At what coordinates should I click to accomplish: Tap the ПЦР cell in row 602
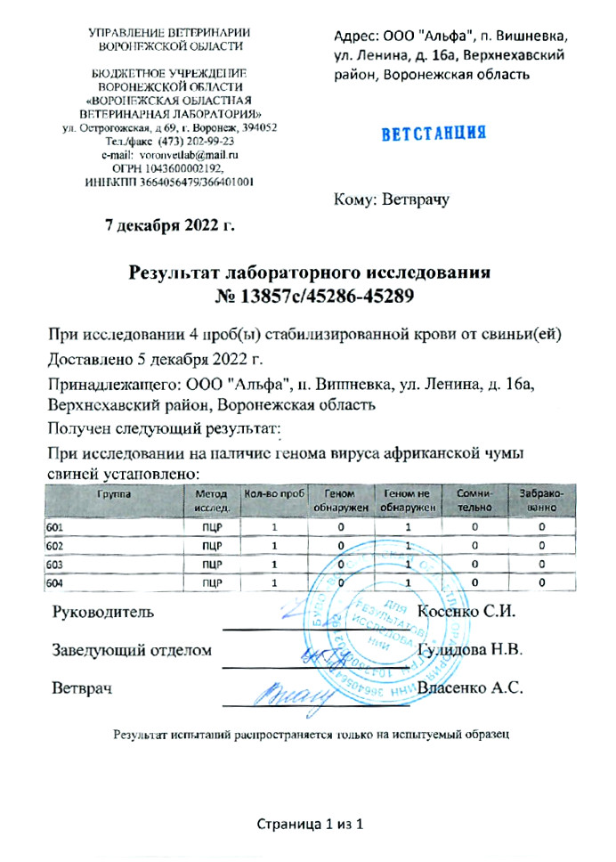click(212, 546)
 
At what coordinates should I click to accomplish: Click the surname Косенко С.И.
click(466, 613)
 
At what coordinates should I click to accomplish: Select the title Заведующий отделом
click(133, 651)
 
